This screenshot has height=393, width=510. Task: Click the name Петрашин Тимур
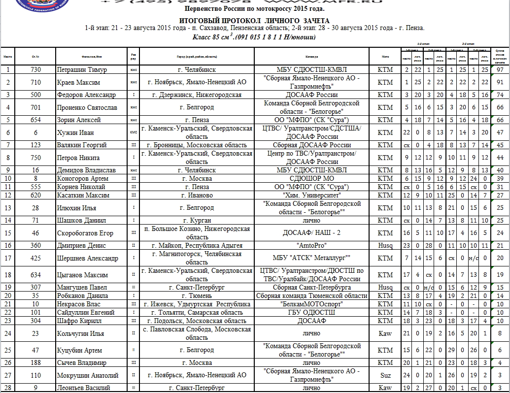tap(82, 69)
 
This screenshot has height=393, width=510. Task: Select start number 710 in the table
tap(35, 82)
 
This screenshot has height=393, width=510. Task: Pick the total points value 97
tap(500, 69)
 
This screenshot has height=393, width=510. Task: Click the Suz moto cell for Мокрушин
tap(385, 375)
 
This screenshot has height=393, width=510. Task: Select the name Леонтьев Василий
tap(83, 388)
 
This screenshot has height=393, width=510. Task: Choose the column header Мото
tap(385, 57)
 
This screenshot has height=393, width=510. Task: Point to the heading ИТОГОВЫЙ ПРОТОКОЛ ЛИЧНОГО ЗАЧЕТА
tap(254, 20)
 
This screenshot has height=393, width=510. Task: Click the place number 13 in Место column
tap(8, 208)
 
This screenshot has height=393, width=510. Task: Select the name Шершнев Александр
tap(87, 258)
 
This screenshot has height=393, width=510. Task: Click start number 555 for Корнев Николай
tap(35, 187)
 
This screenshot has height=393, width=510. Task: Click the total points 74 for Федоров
tap(500, 95)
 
